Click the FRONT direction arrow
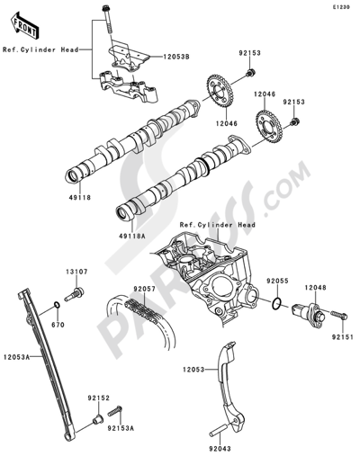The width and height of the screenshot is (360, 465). [x=24, y=25]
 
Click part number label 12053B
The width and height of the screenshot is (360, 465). [x=176, y=57]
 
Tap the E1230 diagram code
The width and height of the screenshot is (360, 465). [x=340, y=7]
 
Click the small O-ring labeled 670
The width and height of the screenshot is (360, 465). [x=57, y=305]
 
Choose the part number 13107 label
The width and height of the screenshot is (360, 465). [x=76, y=272]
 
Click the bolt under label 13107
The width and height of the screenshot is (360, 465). [x=74, y=294]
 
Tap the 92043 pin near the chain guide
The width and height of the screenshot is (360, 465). [x=219, y=431]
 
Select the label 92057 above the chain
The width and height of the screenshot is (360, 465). [x=144, y=289]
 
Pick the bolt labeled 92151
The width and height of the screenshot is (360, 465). [x=339, y=315]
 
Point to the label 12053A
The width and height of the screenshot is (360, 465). [x=17, y=357]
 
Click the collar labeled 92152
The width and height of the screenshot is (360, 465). [x=97, y=419]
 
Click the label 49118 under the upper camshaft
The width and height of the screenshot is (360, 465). [x=79, y=198]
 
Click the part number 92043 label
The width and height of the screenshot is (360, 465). [x=220, y=449]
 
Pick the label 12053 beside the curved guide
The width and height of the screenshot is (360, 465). [x=193, y=370]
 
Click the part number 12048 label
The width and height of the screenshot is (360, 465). [x=315, y=288]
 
